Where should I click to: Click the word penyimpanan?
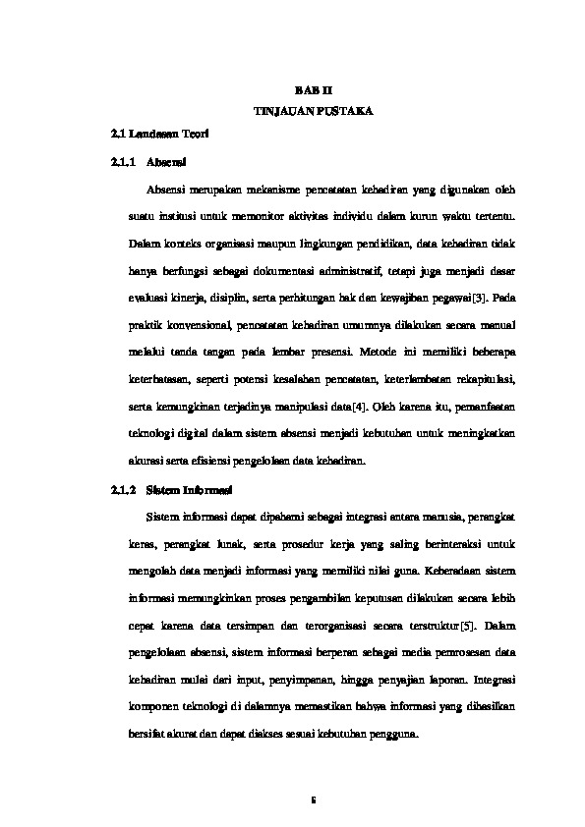(x=293, y=678)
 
